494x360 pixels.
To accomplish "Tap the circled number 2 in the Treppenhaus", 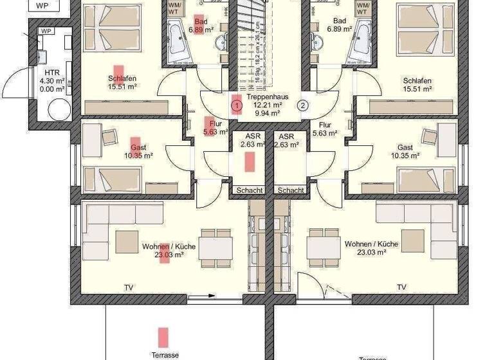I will click(x=303, y=105).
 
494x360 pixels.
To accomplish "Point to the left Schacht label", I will click(x=249, y=190).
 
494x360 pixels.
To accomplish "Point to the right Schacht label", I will click(x=291, y=190).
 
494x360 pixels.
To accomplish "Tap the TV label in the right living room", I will click(x=402, y=287).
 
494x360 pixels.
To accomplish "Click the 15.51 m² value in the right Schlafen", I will click(x=417, y=89).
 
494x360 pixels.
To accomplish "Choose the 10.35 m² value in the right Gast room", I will click(x=405, y=156).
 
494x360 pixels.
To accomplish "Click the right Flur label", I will click(x=325, y=125).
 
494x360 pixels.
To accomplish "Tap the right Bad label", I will click(x=340, y=21).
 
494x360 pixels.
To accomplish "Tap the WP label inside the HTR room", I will click(x=46, y=31).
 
